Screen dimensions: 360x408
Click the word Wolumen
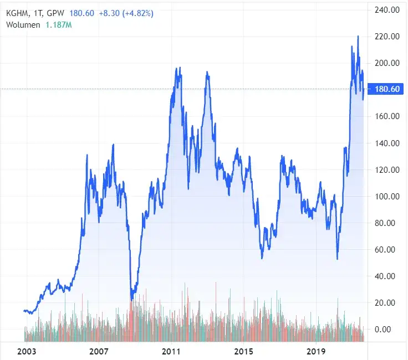tap(23, 25)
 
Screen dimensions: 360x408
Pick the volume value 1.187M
tap(58, 25)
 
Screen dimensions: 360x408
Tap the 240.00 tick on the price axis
tap(387, 10)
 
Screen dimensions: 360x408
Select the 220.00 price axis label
tap(387, 37)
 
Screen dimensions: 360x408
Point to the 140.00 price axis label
tap(387, 143)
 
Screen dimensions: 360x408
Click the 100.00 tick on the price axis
tap(387, 196)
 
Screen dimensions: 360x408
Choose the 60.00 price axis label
tap(387, 249)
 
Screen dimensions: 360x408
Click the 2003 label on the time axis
tap(27, 352)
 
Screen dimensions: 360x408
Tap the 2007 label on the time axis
tap(99, 352)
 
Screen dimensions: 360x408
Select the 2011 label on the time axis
tap(171, 352)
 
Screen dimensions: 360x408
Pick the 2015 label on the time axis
tap(243, 352)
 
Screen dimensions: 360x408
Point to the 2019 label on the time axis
tap(315, 352)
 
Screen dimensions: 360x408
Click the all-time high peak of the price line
tap(358, 37)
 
